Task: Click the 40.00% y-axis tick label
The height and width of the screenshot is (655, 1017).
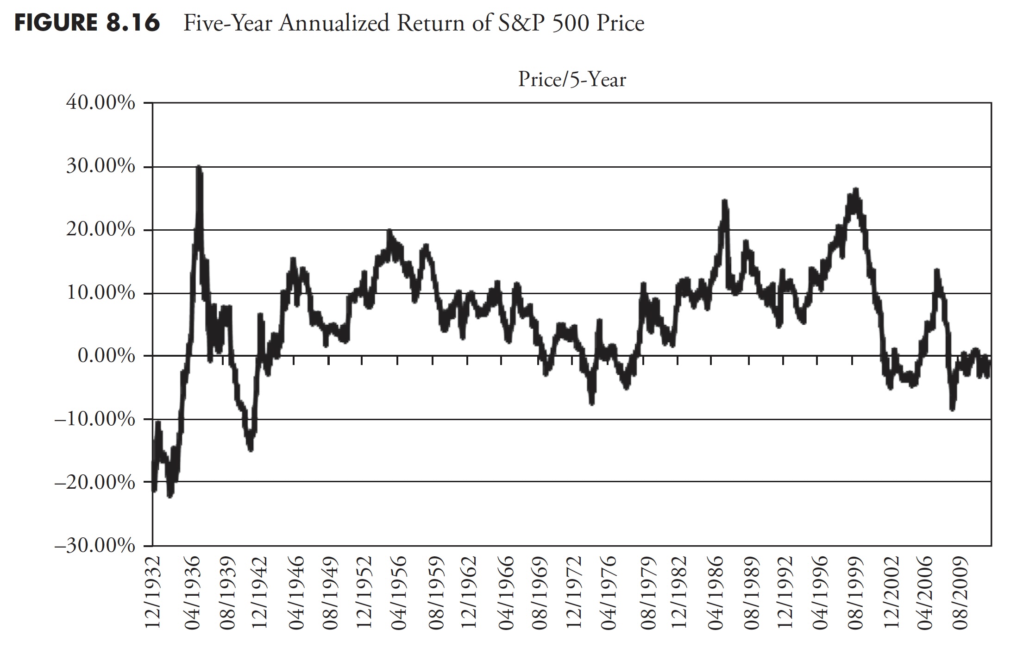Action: [101, 103]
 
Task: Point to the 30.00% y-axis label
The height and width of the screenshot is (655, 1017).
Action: [101, 166]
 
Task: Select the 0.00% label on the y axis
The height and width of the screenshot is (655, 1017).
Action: [107, 356]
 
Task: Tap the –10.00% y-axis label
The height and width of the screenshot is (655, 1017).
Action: [95, 419]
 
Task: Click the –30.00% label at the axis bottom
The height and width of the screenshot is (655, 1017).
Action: [95, 546]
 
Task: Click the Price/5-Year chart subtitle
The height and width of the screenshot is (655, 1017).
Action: [572, 80]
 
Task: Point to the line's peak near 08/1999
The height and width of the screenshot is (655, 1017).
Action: [855, 190]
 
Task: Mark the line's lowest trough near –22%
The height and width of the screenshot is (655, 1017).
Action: [170, 496]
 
